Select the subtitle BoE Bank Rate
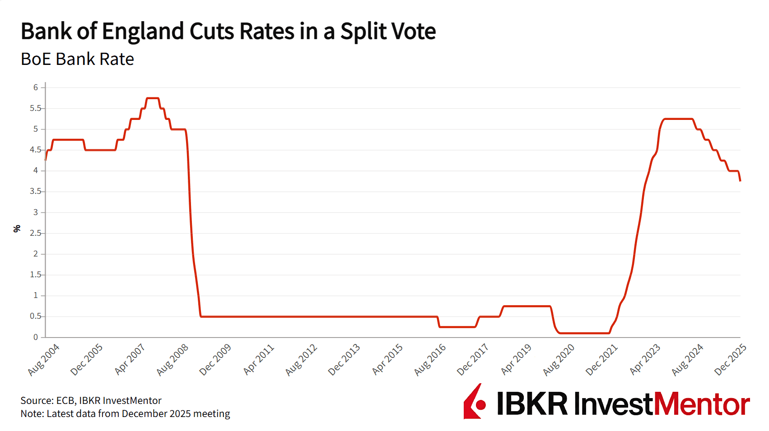click(x=77, y=59)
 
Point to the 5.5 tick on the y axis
click(x=35, y=108)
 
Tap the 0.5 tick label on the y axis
click(x=35, y=316)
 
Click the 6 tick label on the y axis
click(x=36, y=87)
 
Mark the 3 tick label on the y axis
click(x=36, y=212)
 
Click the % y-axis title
click(x=17, y=229)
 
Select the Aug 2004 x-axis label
click(x=44, y=359)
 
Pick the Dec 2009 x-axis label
click(x=215, y=359)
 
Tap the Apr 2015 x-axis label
click(x=387, y=359)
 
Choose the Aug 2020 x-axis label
click(x=559, y=359)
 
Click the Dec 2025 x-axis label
click(x=731, y=359)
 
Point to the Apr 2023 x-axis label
click(x=645, y=359)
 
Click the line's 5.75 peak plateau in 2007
click(x=153, y=98)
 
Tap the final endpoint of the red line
click(x=740, y=181)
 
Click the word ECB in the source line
click(x=65, y=401)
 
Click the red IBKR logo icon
click(x=475, y=402)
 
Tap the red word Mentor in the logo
click(x=702, y=404)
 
